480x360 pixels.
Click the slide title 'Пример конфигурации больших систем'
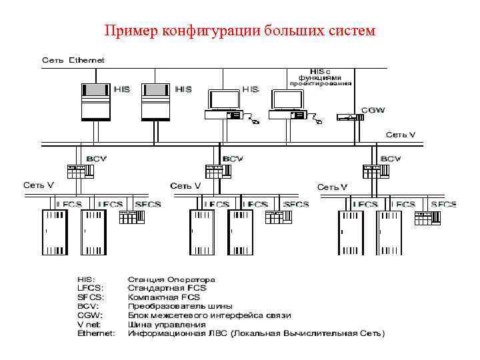coord(240,31)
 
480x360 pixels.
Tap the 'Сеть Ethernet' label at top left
coord(73,60)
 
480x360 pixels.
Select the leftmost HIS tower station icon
coord(94,102)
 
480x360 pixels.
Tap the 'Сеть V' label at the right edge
coord(401,135)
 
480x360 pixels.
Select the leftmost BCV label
coord(95,159)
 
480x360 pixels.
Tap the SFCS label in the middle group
coord(296,204)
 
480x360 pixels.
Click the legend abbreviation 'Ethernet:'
coord(96,333)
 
